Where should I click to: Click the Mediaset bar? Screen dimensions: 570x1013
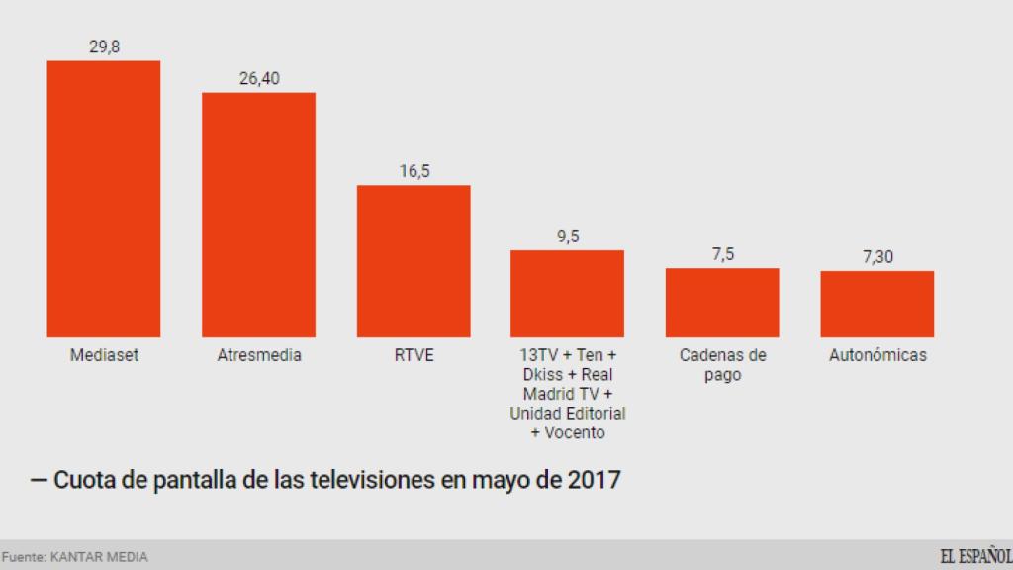click(x=104, y=198)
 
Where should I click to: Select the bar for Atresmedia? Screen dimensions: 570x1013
click(x=258, y=215)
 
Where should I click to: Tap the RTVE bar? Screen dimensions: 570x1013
click(x=414, y=260)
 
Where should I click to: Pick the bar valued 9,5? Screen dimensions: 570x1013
click(x=567, y=293)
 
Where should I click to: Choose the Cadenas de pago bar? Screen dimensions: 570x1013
click(x=722, y=302)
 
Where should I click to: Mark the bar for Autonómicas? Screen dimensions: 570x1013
click(x=876, y=304)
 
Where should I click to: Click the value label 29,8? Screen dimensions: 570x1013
click(x=104, y=47)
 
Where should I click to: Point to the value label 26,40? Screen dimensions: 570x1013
click(x=259, y=78)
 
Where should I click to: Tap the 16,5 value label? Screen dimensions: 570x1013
click(x=414, y=171)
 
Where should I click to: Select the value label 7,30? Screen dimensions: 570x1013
click(x=877, y=256)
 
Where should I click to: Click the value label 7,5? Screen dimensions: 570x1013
click(x=722, y=254)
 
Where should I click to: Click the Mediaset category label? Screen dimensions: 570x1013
click(x=104, y=355)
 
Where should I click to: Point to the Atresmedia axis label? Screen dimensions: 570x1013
click(x=259, y=355)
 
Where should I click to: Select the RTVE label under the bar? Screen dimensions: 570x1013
click(x=414, y=355)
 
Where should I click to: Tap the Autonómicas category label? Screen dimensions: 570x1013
click(x=877, y=355)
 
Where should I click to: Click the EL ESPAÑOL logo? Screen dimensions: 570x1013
click(x=974, y=556)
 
